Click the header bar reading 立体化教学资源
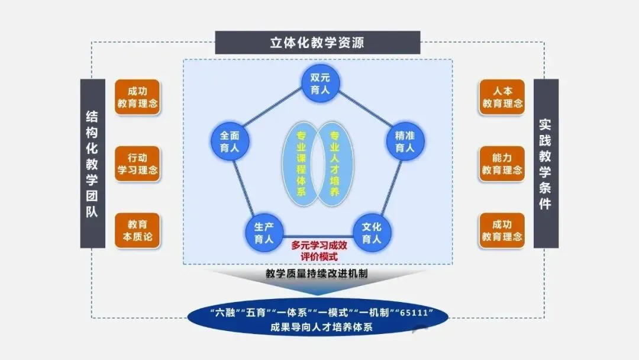click(x=317, y=43)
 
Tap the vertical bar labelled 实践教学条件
click(x=546, y=163)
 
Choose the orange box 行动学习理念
click(x=137, y=164)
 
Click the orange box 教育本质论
click(x=137, y=231)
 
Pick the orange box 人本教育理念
click(x=502, y=97)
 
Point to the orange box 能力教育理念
click(x=502, y=164)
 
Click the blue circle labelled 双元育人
click(x=319, y=83)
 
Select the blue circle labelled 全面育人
click(x=230, y=142)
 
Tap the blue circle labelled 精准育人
click(x=405, y=142)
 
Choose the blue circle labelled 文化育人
click(x=372, y=233)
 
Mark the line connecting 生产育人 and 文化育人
click(x=317, y=233)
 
